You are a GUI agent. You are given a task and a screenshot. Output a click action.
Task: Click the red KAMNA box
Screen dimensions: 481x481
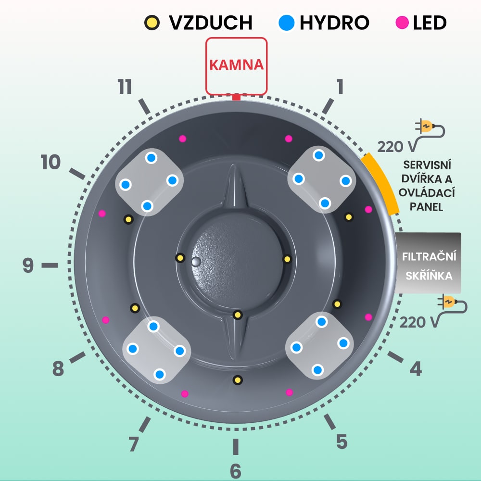(236, 66)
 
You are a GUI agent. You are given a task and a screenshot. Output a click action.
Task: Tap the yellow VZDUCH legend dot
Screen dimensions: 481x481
(152, 23)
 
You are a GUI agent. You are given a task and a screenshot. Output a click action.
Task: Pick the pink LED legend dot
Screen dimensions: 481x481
(402, 23)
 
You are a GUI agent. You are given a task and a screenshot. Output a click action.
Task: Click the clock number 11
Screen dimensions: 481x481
(125, 87)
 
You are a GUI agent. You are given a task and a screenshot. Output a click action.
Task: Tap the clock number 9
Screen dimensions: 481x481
(28, 265)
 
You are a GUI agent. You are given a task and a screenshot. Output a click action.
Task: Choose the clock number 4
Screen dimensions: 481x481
(416, 369)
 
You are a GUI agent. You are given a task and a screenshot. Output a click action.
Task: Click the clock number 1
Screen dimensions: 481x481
(340, 87)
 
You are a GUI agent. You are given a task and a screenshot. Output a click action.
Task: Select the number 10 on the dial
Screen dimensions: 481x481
(51, 163)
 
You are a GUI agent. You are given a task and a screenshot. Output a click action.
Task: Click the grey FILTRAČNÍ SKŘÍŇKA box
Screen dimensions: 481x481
(428, 263)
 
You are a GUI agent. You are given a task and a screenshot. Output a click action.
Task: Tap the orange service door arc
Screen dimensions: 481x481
(381, 184)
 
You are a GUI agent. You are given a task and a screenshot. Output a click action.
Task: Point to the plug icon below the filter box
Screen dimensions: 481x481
(452, 304)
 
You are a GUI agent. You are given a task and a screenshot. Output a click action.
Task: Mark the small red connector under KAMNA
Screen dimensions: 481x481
(236, 97)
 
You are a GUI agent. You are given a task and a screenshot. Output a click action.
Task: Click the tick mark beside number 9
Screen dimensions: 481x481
(49, 265)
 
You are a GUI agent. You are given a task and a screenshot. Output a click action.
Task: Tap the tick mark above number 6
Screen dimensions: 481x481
(235, 447)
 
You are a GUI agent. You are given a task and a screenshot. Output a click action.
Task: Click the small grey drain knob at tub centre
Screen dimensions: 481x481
(195, 261)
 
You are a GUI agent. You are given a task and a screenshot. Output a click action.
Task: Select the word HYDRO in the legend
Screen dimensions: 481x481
(334, 23)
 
